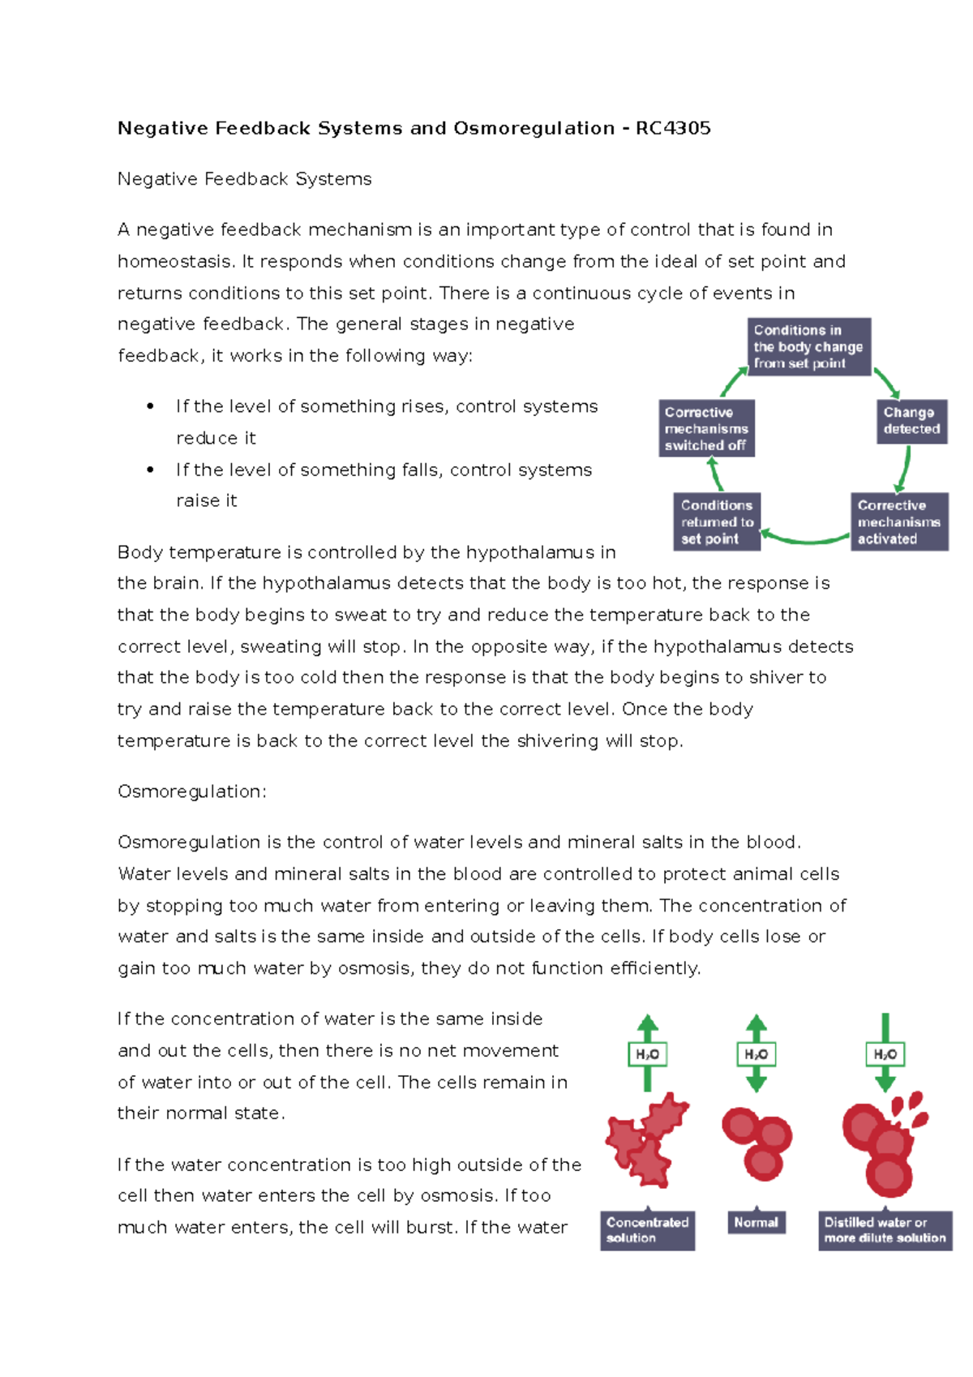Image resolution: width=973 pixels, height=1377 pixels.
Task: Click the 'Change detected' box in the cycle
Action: coord(911,421)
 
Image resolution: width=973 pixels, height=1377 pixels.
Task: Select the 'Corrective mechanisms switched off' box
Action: coord(706,428)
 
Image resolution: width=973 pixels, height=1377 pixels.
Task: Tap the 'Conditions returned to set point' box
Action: coord(717,522)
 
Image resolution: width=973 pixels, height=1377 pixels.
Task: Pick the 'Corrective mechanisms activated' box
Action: coord(898,522)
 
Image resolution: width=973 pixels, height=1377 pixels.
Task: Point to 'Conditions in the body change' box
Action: coord(808,347)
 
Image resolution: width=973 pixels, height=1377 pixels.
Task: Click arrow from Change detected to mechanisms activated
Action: coord(904,469)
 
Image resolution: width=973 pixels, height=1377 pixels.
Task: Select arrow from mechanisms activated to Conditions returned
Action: coord(804,538)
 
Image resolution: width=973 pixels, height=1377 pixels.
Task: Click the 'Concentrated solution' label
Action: coord(647,1230)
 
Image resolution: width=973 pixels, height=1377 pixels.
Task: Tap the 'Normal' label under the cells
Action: coord(756,1222)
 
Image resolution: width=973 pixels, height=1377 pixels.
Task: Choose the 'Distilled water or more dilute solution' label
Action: coord(885,1230)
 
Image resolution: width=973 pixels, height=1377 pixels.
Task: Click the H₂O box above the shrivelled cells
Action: coord(647,1054)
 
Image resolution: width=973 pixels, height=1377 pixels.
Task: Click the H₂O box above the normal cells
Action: coord(756,1054)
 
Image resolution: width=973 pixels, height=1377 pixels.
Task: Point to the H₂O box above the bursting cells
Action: coord(885,1054)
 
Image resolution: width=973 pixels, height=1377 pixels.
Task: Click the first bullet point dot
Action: coord(150,406)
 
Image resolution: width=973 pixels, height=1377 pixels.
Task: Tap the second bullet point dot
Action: coord(150,470)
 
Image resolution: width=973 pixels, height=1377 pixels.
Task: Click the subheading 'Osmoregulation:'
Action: coord(192,791)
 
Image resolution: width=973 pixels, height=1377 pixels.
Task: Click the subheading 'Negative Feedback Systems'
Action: coord(244,179)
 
